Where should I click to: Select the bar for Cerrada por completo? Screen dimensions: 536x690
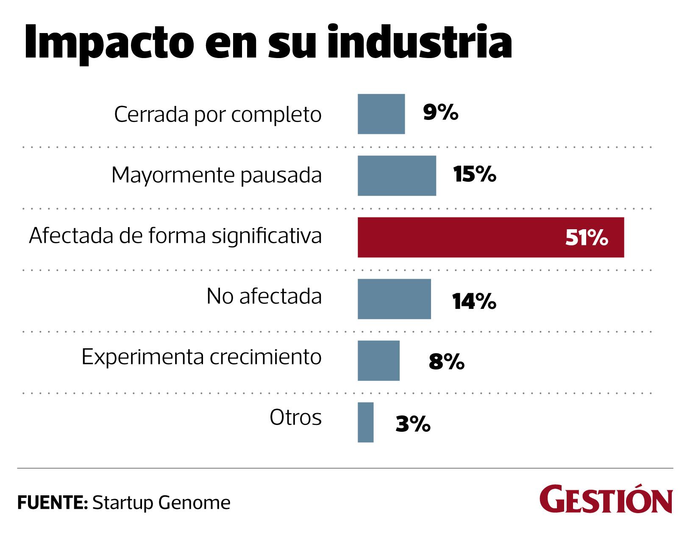(x=381, y=114)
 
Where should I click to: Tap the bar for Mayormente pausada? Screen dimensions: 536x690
(x=397, y=176)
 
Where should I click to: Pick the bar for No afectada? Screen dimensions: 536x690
(x=394, y=299)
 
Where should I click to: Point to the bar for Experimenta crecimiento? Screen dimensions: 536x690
(x=378, y=361)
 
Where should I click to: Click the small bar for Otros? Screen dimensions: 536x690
(x=365, y=422)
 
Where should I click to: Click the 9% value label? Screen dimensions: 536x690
(x=440, y=113)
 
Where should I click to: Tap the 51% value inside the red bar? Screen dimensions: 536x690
(x=587, y=238)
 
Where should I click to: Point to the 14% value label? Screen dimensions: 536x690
(x=474, y=301)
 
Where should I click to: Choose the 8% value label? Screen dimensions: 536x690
(x=446, y=362)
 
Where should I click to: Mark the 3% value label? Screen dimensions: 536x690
(x=413, y=424)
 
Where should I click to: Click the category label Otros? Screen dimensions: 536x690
(x=296, y=418)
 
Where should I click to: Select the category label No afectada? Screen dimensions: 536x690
(x=264, y=296)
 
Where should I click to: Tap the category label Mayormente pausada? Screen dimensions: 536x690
(x=217, y=175)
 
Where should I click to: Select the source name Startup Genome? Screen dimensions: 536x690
(x=161, y=503)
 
